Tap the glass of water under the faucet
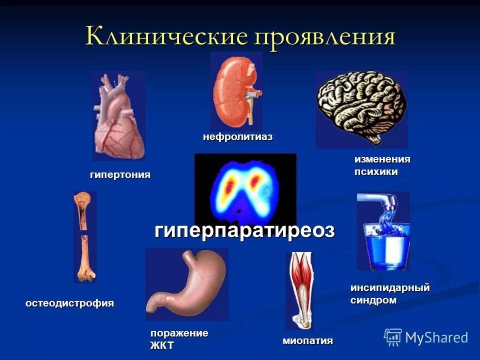click(383, 245)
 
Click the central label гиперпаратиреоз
click(244, 230)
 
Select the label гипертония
click(120, 175)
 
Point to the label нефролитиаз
click(237, 137)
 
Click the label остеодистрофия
click(70, 303)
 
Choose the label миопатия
click(307, 341)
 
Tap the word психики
click(376, 171)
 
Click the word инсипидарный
click(389, 288)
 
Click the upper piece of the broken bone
click(82, 212)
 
